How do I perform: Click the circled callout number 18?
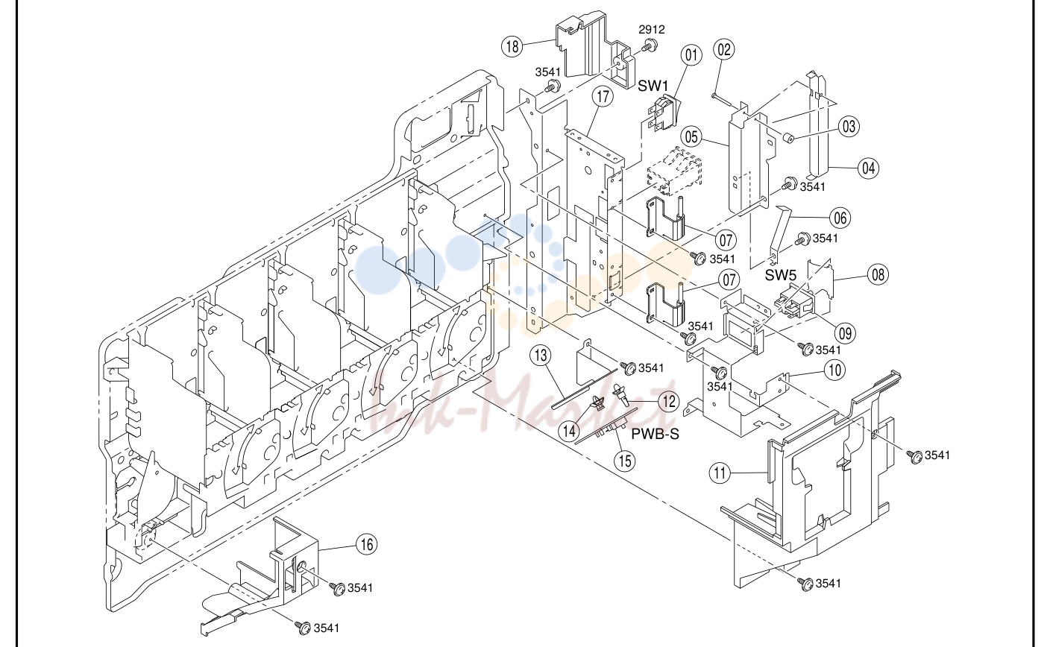click(512, 46)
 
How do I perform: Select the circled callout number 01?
click(691, 55)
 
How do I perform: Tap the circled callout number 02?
click(724, 50)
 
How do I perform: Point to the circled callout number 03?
click(849, 127)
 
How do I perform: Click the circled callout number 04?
click(869, 168)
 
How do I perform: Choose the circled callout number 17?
click(603, 96)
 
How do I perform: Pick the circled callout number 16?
click(367, 544)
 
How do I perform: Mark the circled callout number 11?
click(720, 473)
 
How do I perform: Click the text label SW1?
click(653, 86)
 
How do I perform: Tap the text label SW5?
click(781, 276)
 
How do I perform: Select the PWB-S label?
click(655, 434)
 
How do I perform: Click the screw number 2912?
click(652, 30)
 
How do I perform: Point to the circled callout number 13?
click(541, 356)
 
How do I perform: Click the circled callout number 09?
click(845, 334)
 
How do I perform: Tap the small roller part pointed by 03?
click(789, 138)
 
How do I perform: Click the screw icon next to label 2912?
click(650, 45)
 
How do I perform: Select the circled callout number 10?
click(834, 370)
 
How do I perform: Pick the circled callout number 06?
click(840, 218)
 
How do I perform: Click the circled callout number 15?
click(625, 461)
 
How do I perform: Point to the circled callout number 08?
click(878, 274)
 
